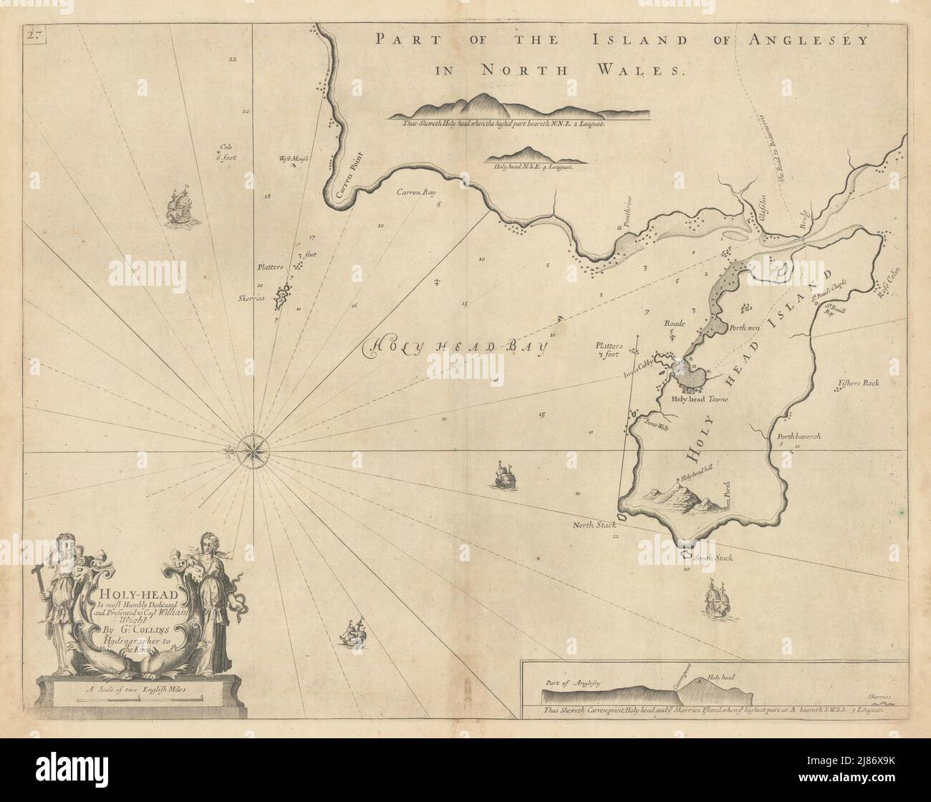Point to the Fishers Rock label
[x=857, y=384]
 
